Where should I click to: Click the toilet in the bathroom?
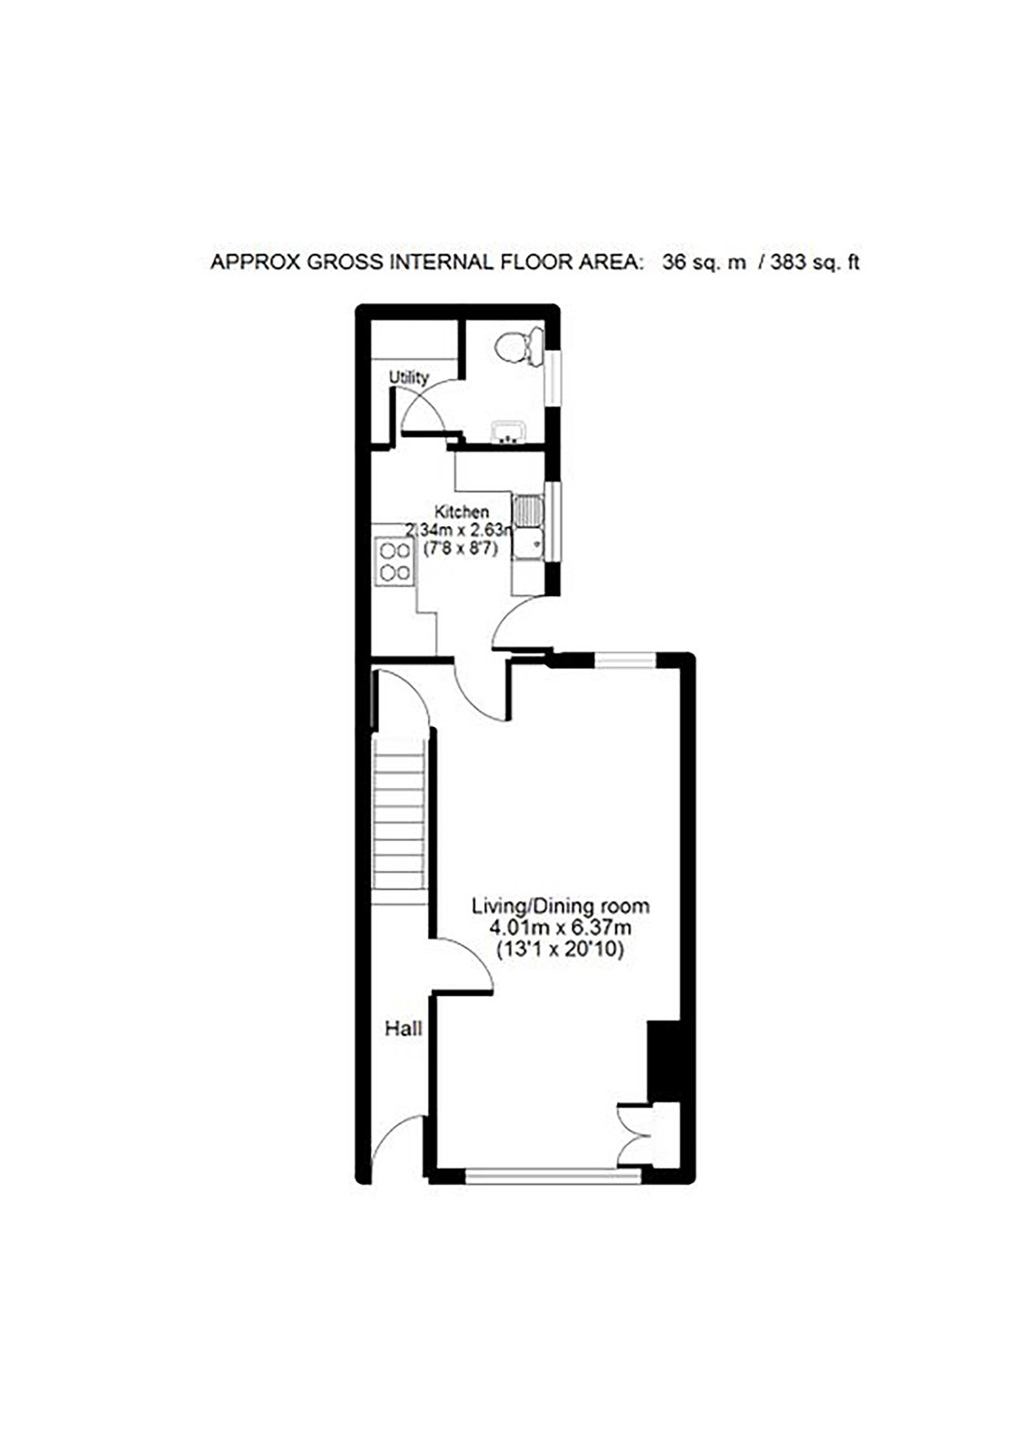tap(519, 346)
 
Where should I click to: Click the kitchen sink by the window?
tap(527, 527)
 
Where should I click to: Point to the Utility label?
tap(409, 377)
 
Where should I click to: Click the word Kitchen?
tap(462, 512)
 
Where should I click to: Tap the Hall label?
tap(404, 1029)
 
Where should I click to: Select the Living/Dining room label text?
tap(561, 905)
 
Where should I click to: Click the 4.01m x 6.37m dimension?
tap(561, 928)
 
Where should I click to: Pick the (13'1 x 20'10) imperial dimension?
tap(561, 951)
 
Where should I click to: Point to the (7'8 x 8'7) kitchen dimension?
tap(461, 549)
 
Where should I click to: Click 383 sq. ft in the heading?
tap(814, 263)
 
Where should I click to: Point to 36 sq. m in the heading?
tap(704, 263)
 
